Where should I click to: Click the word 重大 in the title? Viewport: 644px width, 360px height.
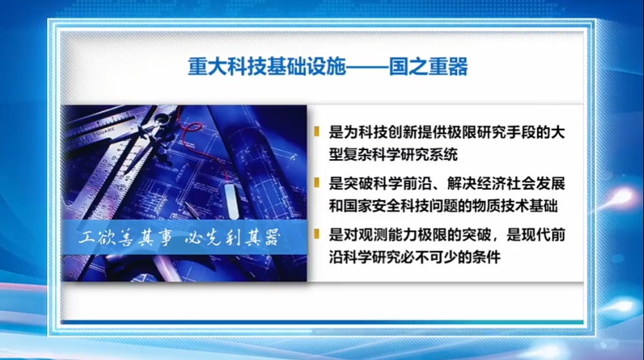point(207,66)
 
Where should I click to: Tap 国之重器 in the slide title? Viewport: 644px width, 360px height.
point(428,66)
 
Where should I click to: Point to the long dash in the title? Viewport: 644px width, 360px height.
point(367,67)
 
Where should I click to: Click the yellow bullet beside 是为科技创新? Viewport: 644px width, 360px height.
point(317,131)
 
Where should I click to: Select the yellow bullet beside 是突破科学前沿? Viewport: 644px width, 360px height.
point(317,182)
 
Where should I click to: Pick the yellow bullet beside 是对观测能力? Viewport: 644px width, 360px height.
point(317,234)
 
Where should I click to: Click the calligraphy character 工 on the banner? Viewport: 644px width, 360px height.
point(87,237)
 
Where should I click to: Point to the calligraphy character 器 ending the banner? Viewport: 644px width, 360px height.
point(272,238)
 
